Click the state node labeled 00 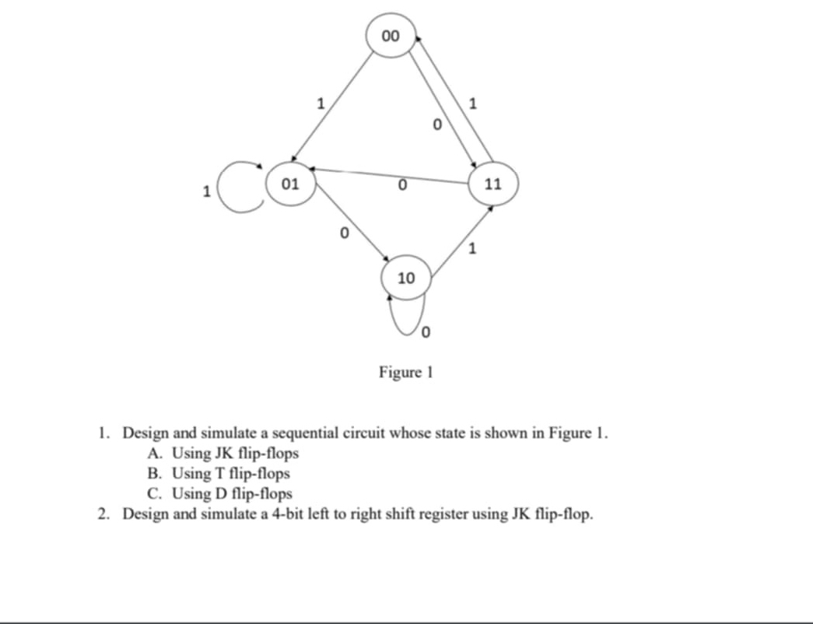tap(391, 36)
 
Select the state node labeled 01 tap(291, 184)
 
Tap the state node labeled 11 tap(492, 184)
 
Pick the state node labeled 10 tap(406, 278)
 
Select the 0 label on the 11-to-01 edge tap(401, 185)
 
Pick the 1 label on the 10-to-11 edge tap(471, 249)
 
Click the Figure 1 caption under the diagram tap(405, 372)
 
